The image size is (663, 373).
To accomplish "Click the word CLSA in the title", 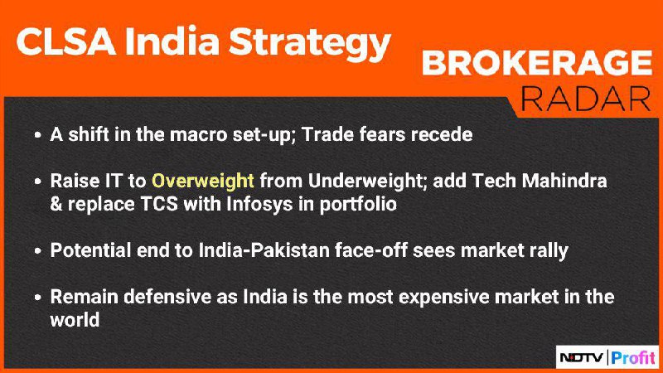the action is [66, 41].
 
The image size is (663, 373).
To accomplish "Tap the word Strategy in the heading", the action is [309, 45].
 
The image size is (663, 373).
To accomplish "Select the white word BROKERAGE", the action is [537, 63].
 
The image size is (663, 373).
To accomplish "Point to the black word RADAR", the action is [586, 99].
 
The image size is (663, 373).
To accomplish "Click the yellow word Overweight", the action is [203, 181].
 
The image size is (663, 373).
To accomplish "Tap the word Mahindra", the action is [564, 181].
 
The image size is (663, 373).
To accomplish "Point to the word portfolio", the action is [358, 204].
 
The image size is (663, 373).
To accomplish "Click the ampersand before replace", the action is [56, 204].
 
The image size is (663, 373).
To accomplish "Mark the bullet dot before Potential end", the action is [38, 251].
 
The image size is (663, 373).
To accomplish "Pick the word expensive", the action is [444, 298].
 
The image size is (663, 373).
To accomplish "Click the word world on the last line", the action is [75, 320].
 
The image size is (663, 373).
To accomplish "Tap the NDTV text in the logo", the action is [582, 358].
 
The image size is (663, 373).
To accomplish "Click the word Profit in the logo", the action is [633, 358].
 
